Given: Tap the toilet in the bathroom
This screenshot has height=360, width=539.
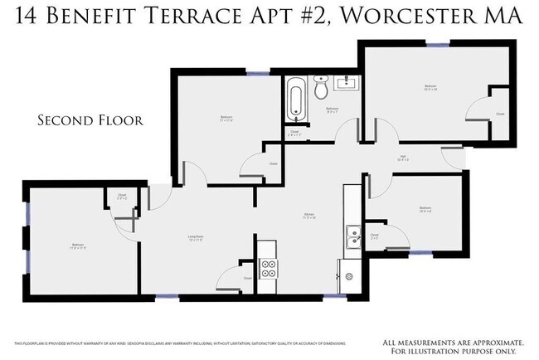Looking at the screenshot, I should pos(322,87).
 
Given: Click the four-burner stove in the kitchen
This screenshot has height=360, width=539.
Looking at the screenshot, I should pos(269,267).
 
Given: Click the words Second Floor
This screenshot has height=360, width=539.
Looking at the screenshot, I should pos(90,120).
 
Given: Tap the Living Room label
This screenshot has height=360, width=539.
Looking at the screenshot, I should pos(196,238).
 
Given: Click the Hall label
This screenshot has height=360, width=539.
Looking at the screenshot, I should pos(402,156).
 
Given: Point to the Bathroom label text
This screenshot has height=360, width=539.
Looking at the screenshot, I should pos(332,109).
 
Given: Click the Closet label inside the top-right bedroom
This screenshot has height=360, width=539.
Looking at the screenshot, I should pos(499,114).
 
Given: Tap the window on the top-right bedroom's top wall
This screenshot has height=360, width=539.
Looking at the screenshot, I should pos(437,45).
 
